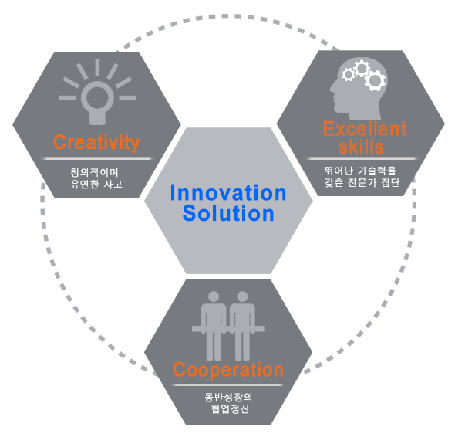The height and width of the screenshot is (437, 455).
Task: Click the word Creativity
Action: pyautogui.click(x=96, y=142)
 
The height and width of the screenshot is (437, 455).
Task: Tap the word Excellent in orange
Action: pyautogui.click(x=365, y=129)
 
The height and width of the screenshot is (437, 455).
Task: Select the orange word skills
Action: pyautogui.click(x=361, y=147)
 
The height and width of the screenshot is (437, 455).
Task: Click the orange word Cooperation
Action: pyautogui.click(x=228, y=370)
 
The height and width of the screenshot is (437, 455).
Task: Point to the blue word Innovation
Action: pyautogui.click(x=228, y=193)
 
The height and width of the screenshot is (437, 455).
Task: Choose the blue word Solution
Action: pyautogui.click(x=228, y=213)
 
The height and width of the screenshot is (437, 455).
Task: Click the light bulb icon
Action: pyautogui.click(x=97, y=93)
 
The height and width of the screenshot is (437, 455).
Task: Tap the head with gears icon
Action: pyautogui.click(x=359, y=89)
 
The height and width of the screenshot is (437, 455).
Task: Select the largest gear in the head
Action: pyautogui.click(x=375, y=80)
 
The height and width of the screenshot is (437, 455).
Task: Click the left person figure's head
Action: pyautogui.click(x=214, y=296)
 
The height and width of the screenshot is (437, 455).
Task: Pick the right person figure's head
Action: pyautogui.click(x=242, y=296)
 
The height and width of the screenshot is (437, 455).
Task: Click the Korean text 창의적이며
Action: pyautogui.click(x=95, y=173)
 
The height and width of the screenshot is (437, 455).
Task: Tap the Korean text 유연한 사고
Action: pyautogui.click(x=96, y=185)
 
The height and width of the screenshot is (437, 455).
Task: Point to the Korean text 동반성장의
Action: pyautogui.click(x=229, y=397)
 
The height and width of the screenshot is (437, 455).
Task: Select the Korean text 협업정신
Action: pyautogui.click(x=230, y=408)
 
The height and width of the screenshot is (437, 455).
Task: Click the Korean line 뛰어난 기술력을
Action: pyautogui.click(x=360, y=171)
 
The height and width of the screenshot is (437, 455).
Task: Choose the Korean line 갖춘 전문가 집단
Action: pyautogui.click(x=362, y=182)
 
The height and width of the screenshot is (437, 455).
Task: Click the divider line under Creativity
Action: pyautogui.click(x=97, y=158)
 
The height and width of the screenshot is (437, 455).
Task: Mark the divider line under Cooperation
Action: pyautogui.click(x=227, y=385)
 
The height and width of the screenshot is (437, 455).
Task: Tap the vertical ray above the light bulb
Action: pyautogui.click(x=97, y=68)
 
